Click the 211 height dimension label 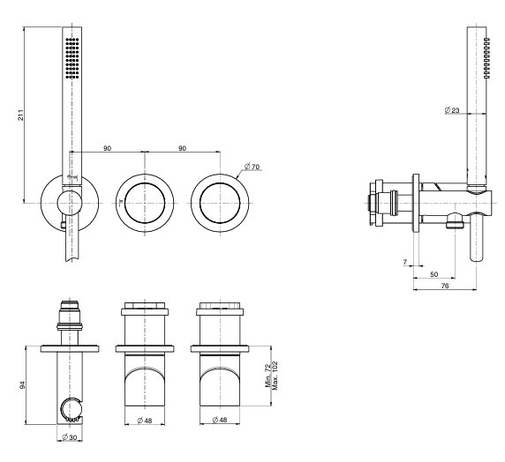[x=20, y=115]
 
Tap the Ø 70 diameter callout [x=252, y=167]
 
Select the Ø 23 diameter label [x=452, y=110]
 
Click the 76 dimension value [x=444, y=286]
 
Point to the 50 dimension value [x=433, y=274]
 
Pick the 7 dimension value [x=405, y=262]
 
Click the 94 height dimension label [x=22, y=385]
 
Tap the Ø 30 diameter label [x=69, y=437]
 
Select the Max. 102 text [x=275, y=376]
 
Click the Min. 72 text [x=268, y=376]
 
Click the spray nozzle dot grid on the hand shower [x=72, y=58]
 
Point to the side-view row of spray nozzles [x=487, y=58]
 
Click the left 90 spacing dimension [x=107, y=148]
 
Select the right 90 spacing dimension [x=182, y=148]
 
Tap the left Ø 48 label [x=144, y=421]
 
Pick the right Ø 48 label [x=220, y=421]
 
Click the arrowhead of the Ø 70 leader [x=237, y=177]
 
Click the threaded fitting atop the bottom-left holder [x=70, y=316]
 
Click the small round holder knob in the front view [x=70, y=203]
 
